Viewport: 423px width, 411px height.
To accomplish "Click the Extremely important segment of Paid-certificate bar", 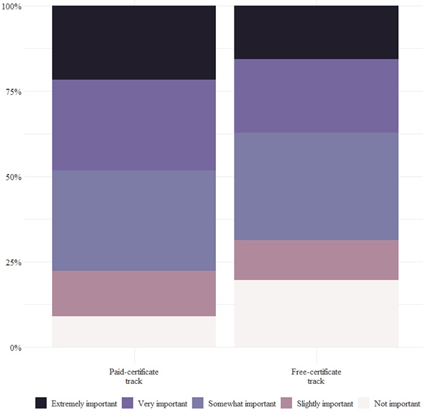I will (134, 43).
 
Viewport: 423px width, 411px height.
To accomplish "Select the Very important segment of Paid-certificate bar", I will (134, 125).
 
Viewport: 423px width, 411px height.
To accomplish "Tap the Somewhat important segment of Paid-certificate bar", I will (134, 220).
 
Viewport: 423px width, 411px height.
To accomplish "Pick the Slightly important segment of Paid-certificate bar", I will (134, 293).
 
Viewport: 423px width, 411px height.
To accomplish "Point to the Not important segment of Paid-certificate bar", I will (134, 332).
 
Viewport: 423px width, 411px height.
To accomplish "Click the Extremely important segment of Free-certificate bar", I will (316, 32).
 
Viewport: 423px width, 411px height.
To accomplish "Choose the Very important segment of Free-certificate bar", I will (316, 96).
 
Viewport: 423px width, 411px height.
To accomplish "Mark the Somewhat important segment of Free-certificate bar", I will (316, 186).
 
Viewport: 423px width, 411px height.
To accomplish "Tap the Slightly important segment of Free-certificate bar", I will (316, 260).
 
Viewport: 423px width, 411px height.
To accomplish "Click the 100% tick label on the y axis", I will (12, 6).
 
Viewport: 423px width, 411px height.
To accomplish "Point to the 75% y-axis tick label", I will (14, 91).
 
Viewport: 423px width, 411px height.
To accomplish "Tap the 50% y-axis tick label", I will (14, 177).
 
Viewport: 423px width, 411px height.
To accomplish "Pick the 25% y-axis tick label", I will (14, 262).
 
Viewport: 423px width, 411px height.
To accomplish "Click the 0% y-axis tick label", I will (16, 347).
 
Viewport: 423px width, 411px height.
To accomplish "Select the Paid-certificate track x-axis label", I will (134, 376).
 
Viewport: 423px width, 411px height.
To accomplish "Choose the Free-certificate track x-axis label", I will (316, 376).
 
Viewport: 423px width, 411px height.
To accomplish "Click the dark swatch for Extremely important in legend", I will (41, 403).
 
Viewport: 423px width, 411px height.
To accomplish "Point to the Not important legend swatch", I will (363, 403).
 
